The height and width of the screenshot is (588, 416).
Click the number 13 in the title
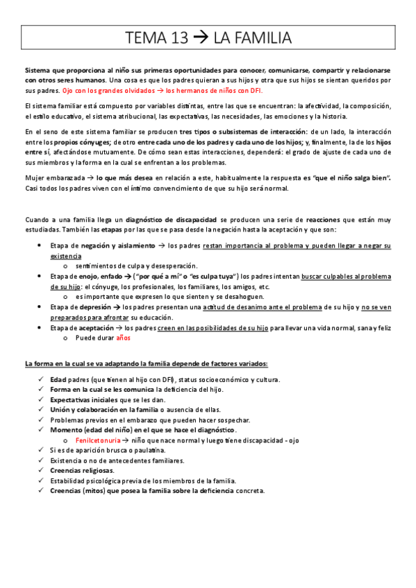click(176, 37)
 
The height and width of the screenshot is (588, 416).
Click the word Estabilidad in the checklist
click(67, 481)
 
